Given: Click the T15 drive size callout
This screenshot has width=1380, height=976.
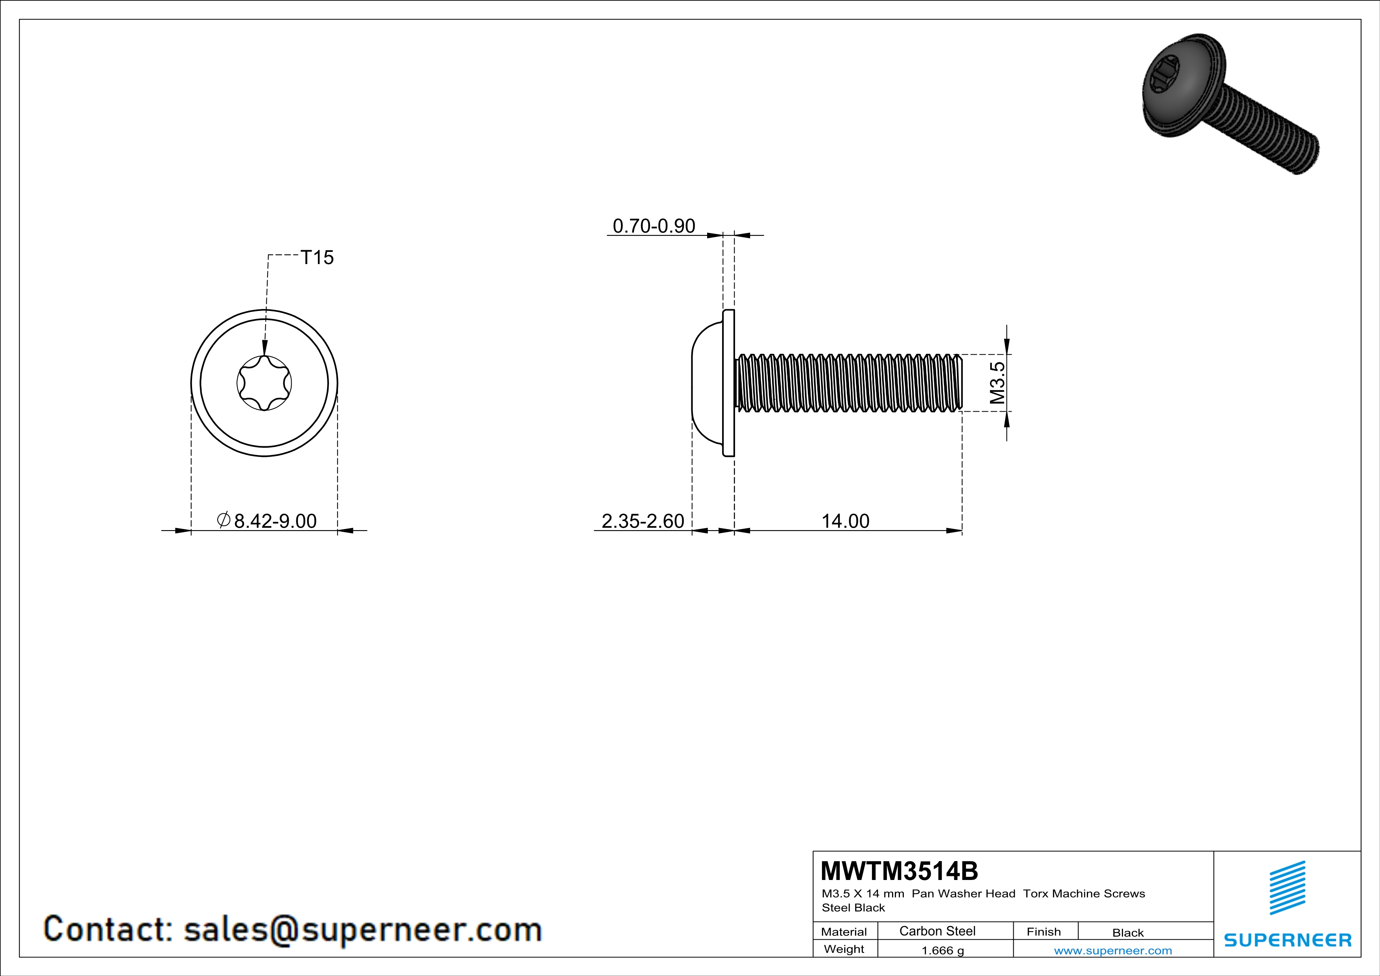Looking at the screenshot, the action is pyautogui.click(x=317, y=257).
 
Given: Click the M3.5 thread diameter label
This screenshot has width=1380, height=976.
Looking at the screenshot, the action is pyautogui.click(x=997, y=383).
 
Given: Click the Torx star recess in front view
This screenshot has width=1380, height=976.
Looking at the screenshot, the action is pyautogui.click(x=264, y=383).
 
